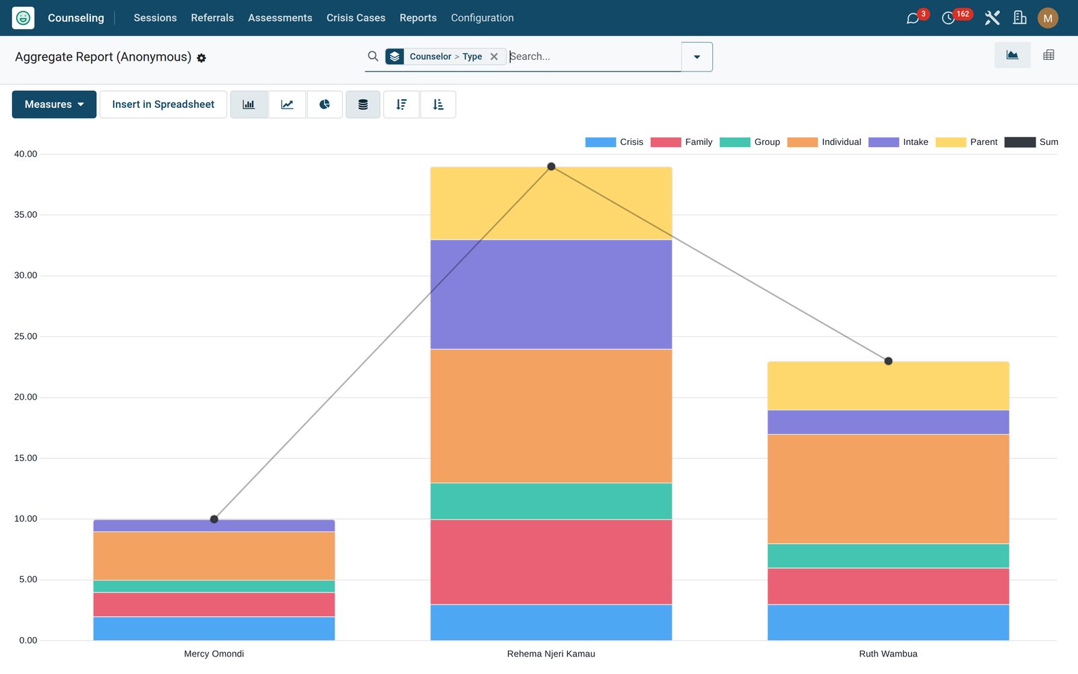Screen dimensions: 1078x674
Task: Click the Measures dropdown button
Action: coord(54,104)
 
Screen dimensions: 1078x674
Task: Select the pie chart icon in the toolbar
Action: coord(324,104)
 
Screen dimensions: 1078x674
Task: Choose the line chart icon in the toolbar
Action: coord(287,104)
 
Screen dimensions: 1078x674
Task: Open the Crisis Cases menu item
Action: coord(356,18)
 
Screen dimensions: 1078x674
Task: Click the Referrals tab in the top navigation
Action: coord(212,18)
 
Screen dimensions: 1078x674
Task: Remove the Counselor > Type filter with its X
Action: coord(494,57)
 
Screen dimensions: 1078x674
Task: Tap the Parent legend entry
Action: coord(966,142)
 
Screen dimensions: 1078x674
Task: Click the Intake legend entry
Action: coord(898,142)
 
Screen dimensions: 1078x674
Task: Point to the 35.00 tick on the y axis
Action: coord(26,215)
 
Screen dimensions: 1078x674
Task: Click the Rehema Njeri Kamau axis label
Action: coord(551,654)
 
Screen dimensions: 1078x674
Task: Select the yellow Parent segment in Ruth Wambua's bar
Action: coord(888,386)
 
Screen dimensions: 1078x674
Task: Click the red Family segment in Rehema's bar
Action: coord(551,562)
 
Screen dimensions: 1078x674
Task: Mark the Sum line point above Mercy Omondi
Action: coord(214,519)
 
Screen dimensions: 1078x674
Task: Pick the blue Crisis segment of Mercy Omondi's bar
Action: coord(214,629)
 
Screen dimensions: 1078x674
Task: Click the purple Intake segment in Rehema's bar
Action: coord(551,294)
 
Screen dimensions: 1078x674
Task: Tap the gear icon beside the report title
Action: coord(201,58)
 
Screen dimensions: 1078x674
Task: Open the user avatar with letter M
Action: coord(1048,18)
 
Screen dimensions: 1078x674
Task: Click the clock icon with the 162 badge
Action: coord(948,18)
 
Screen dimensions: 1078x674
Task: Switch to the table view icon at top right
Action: coord(1048,55)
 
